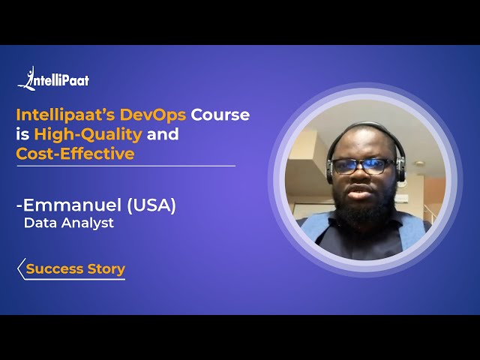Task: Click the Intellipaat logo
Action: pos(53,79)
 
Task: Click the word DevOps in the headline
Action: pos(151,115)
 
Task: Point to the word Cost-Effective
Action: pos(75,154)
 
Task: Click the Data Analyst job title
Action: pos(69,223)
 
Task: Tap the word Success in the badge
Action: pos(53,269)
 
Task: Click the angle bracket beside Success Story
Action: pos(21,269)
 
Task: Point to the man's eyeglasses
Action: pos(363,166)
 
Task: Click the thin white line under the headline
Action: pos(126,166)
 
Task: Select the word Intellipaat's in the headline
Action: pos(67,115)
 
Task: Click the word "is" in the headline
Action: pos(22,135)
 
